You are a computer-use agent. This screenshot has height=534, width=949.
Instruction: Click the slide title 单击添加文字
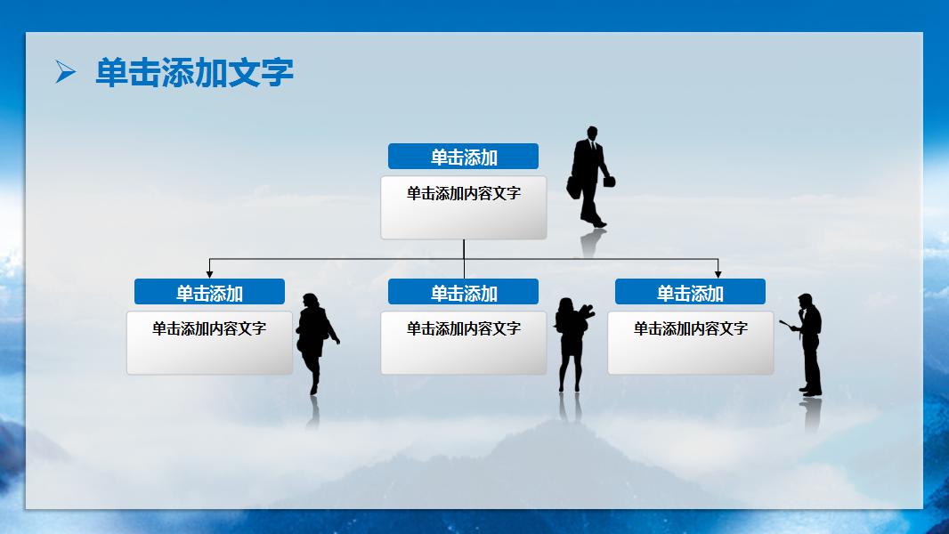[194, 73]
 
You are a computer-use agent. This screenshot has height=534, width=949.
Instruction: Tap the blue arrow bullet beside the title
[65, 72]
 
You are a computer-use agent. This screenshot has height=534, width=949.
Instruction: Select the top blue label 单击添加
[463, 157]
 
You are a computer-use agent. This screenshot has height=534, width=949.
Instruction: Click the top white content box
[463, 208]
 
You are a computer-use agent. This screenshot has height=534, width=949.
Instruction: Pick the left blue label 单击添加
[209, 292]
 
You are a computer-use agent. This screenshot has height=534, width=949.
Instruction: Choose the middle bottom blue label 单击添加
[463, 292]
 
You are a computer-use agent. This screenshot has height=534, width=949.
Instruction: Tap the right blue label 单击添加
[690, 292]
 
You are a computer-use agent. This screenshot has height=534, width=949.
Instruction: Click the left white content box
[209, 343]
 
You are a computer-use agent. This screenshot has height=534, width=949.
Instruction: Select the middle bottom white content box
[463, 343]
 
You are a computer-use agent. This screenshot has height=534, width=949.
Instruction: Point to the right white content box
[690, 343]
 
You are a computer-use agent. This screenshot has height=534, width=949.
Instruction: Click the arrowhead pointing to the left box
[210, 273]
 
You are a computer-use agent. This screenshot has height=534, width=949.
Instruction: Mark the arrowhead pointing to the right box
[718, 273]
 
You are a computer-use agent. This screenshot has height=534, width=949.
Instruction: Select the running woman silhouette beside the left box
[314, 338]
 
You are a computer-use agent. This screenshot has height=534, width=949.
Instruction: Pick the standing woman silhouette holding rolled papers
[570, 343]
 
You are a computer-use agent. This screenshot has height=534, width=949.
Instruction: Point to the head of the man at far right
[805, 301]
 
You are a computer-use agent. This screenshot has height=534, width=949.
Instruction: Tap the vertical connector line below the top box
[464, 249]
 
